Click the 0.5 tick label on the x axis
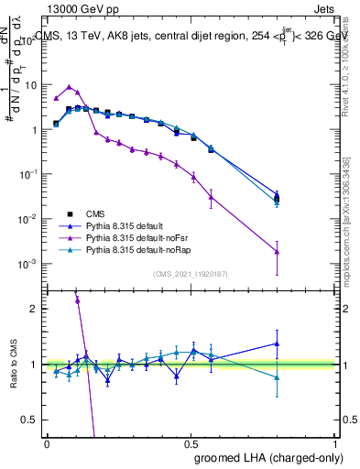pyautogui.click(x=191, y=442)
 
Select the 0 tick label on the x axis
pyautogui.click(x=47, y=442)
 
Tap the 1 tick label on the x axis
pyautogui.click(x=335, y=442)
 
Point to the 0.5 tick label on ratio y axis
pyautogui.click(x=29, y=420)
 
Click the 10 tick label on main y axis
pyautogui.click(x=29, y=84)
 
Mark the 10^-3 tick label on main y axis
pyautogui.click(x=27, y=264)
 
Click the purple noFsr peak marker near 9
pyautogui.click(x=69, y=87)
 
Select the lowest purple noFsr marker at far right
pyautogui.click(x=328, y=251)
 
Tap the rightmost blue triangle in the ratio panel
pyautogui.click(x=328, y=344)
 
